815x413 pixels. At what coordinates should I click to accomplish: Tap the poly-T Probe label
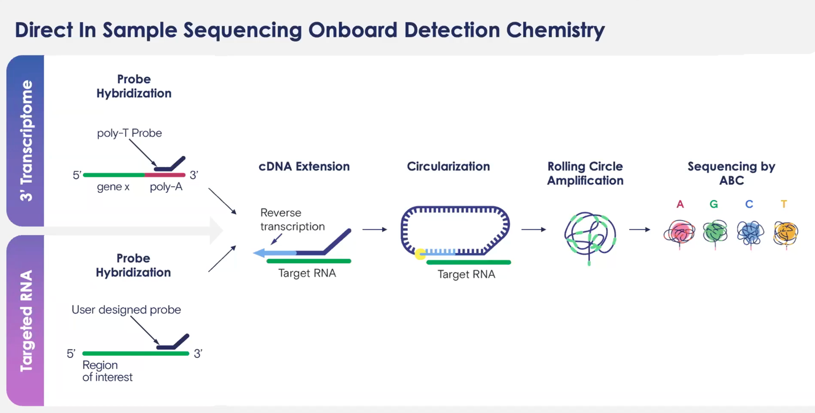click(x=129, y=133)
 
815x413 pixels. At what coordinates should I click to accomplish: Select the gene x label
click(x=113, y=188)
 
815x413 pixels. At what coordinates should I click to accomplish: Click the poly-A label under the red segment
click(x=166, y=188)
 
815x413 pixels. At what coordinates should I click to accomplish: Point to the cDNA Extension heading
click(x=304, y=166)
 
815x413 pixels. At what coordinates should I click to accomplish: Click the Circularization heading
click(x=448, y=166)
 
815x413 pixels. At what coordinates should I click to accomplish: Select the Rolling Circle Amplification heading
click(x=585, y=173)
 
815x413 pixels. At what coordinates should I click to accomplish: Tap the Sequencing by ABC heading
click(x=731, y=173)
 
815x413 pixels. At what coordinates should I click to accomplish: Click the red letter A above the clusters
click(x=680, y=204)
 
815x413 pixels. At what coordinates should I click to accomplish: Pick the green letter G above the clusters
click(x=714, y=204)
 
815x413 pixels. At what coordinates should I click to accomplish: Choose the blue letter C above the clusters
click(x=749, y=204)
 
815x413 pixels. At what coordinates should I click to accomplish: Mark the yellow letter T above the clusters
click(x=783, y=204)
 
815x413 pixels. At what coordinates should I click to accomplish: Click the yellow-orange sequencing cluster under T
click(x=786, y=233)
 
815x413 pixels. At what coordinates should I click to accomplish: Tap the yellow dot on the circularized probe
click(x=421, y=254)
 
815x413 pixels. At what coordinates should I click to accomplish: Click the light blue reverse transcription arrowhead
click(x=260, y=253)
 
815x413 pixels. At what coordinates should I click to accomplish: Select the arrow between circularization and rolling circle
click(x=533, y=230)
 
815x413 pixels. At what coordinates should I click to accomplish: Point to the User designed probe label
click(x=126, y=310)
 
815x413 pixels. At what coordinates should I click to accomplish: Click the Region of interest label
click(x=107, y=371)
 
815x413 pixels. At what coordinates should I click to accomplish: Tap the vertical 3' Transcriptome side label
click(x=26, y=141)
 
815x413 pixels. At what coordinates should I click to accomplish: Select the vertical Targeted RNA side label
click(x=26, y=321)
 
